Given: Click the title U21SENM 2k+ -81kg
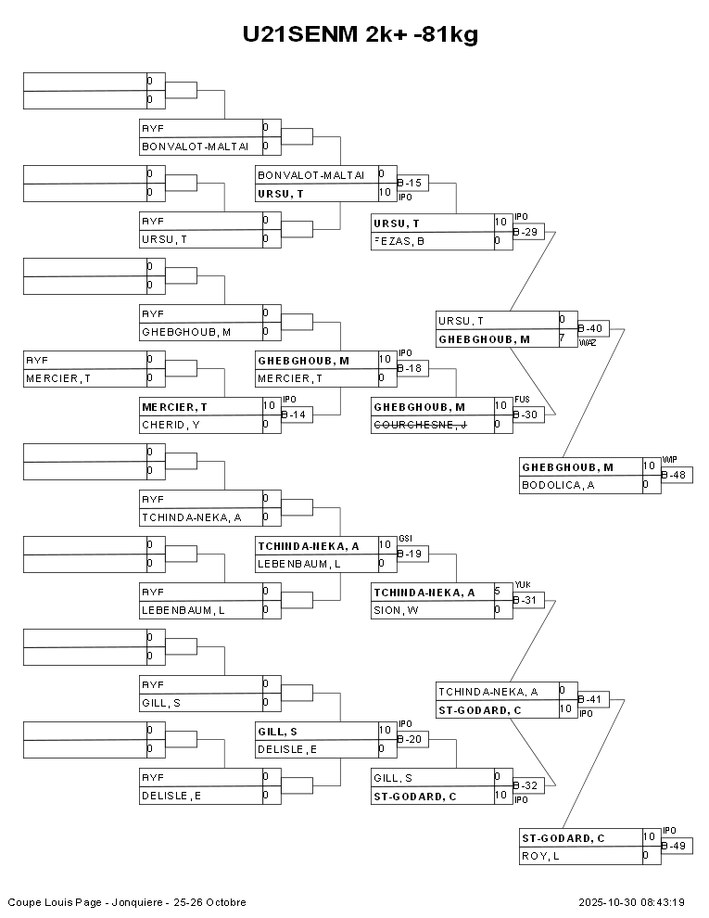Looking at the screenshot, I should point(360,35).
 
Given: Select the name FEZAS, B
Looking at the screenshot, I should point(399,241).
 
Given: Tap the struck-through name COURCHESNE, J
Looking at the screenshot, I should point(420,425).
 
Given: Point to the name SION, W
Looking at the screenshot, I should point(395,610).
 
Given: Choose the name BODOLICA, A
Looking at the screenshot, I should point(558,484).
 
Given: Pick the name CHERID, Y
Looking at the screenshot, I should point(171,425).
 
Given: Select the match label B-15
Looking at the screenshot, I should point(411,184).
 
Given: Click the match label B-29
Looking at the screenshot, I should point(526,231).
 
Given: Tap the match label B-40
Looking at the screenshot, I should point(592,328).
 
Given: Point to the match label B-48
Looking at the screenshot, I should point(676,475).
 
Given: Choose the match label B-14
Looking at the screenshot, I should point(295,414).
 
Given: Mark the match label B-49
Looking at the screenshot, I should point(676,846).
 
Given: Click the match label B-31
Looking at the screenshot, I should point(526,601).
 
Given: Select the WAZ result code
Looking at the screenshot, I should point(588,342).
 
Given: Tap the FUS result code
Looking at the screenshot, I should point(521,401).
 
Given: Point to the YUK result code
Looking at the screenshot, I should point(522,585).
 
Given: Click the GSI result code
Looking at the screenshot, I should point(405,539).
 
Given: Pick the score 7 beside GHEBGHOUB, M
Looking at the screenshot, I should point(563,339).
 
